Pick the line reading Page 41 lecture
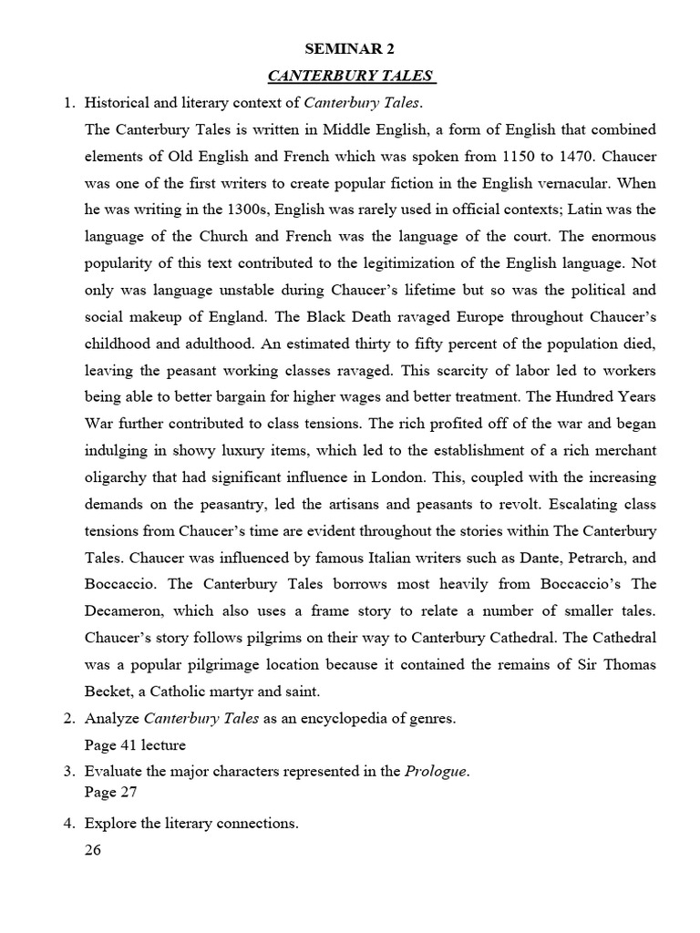point(135,744)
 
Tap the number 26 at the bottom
point(93,851)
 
